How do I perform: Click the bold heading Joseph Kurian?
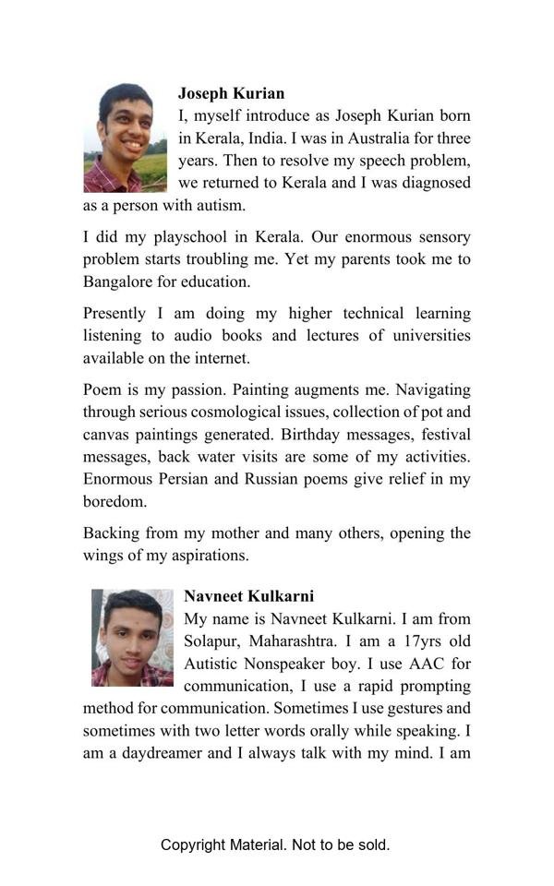pos(231,93)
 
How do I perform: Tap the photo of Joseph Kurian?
pos(125,138)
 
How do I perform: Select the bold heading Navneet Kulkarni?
pos(248,596)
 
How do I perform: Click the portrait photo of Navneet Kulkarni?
pos(132,638)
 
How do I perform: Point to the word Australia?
pos(369,138)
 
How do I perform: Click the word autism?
pos(222,205)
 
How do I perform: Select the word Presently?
pos(120,314)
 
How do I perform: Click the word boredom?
pos(114,501)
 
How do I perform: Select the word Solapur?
pos(212,641)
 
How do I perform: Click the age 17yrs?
pos(400,641)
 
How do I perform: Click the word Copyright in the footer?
pos(193,844)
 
